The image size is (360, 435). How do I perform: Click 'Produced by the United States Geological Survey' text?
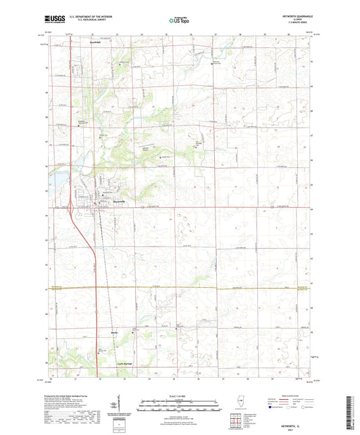point(68,396)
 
